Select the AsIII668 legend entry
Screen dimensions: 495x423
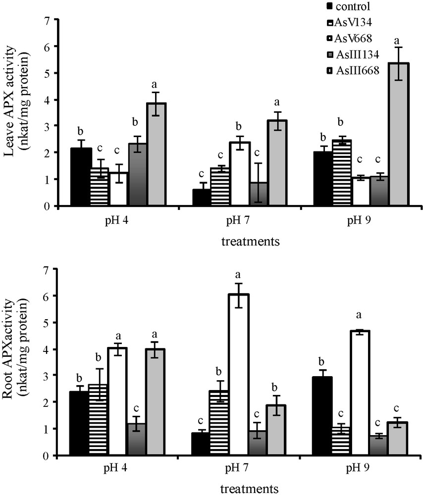tap(350, 70)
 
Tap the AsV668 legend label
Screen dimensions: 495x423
tap(350, 38)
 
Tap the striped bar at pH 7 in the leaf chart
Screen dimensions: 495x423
tap(219, 187)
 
